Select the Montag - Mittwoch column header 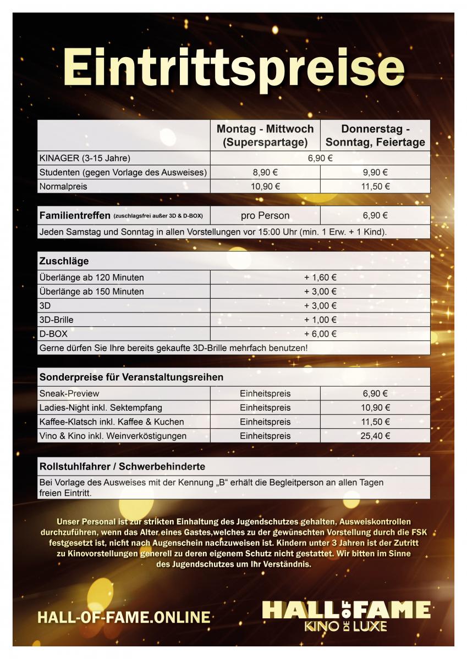pyautogui.click(x=265, y=136)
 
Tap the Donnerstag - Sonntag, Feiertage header pyautogui.click(x=375, y=136)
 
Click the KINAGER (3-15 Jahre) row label pyautogui.click(x=85, y=158)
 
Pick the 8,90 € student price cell pyautogui.click(x=265, y=172)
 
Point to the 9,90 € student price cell pyautogui.click(x=375, y=172)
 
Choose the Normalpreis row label pyautogui.click(x=63, y=187)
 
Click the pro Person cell pyautogui.click(x=265, y=216)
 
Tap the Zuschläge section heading pyautogui.click(x=64, y=261)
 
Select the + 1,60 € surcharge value pyautogui.click(x=320, y=277)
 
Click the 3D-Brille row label pyautogui.click(x=56, y=320)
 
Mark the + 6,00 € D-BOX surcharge pyautogui.click(x=320, y=334)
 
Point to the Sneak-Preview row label pyautogui.click(x=69, y=394)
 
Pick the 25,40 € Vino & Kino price pyautogui.click(x=375, y=436)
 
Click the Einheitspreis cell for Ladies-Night pyautogui.click(x=265, y=408)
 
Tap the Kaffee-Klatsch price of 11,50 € pyautogui.click(x=375, y=422)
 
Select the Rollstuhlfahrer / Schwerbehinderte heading pyautogui.click(x=122, y=466)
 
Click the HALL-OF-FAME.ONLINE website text pyautogui.click(x=124, y=617)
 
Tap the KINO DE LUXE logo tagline pyautogui.click(x=347, y=627)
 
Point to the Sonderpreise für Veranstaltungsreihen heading pyautogui.click(x=131, y=377)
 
